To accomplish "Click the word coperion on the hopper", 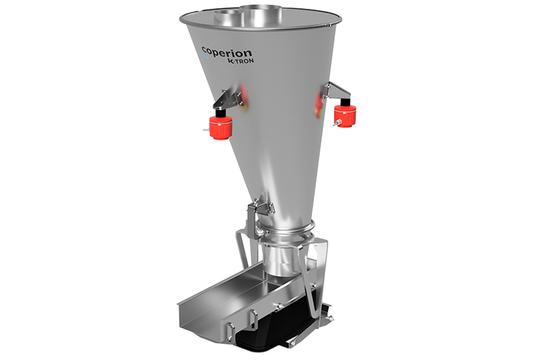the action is (227, 53).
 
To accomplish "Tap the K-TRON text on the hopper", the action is (240, 60).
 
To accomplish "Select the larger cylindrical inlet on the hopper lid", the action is (261, 12).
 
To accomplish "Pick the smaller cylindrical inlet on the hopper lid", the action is (227, 17).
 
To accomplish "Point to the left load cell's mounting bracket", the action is (228, 99).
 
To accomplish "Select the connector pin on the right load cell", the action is (337, 123).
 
